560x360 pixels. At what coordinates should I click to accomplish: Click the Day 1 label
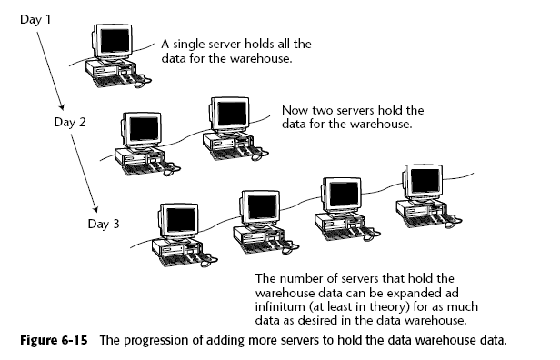click(35, 19)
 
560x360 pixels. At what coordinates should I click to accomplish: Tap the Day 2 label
click(70, 122)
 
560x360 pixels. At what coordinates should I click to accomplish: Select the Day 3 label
click(104, 224)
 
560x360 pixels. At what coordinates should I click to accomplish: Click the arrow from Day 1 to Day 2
click(50, 71)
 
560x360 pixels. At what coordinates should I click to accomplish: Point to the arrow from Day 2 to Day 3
click(84, 173)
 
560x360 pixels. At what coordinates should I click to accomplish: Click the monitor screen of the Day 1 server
click(115, 41)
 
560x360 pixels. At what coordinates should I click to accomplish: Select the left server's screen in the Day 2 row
click(144, 129)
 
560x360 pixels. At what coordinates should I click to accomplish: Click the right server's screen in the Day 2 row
click(232, 114)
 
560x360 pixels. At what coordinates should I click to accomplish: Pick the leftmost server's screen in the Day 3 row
click(182, 220)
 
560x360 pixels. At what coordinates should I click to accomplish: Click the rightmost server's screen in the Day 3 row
click(425, 181)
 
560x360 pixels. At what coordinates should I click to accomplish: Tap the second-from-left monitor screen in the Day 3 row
click(263, 206)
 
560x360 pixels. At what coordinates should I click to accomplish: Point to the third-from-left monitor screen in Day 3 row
click(344, 194)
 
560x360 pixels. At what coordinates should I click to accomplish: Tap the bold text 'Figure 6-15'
click(54, 340)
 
